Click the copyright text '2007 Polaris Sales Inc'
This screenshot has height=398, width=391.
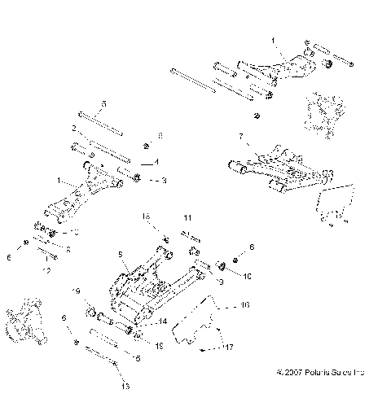pyautogui.click(x=323, y=374)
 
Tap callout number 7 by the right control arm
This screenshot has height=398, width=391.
pyautogui.click(x=241, y=135)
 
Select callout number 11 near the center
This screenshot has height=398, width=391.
pyautogui.click(x=187, y=219)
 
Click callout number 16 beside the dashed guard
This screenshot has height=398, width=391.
pyautogui.click(x=244, y=305)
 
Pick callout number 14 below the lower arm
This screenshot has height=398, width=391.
pyautogui.click(x=163, y=321)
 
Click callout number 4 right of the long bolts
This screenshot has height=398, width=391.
pyautogui.click(x=157, y=162)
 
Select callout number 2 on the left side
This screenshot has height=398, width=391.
pyautogui.click(x=73, y=129)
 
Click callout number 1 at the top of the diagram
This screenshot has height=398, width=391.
pyautogui.click(x=275, y=37)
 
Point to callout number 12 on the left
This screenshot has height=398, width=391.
pyautogui.click(x=46, y=269)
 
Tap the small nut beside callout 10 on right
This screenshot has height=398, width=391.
pyautogui.click(x=235, y=258)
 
